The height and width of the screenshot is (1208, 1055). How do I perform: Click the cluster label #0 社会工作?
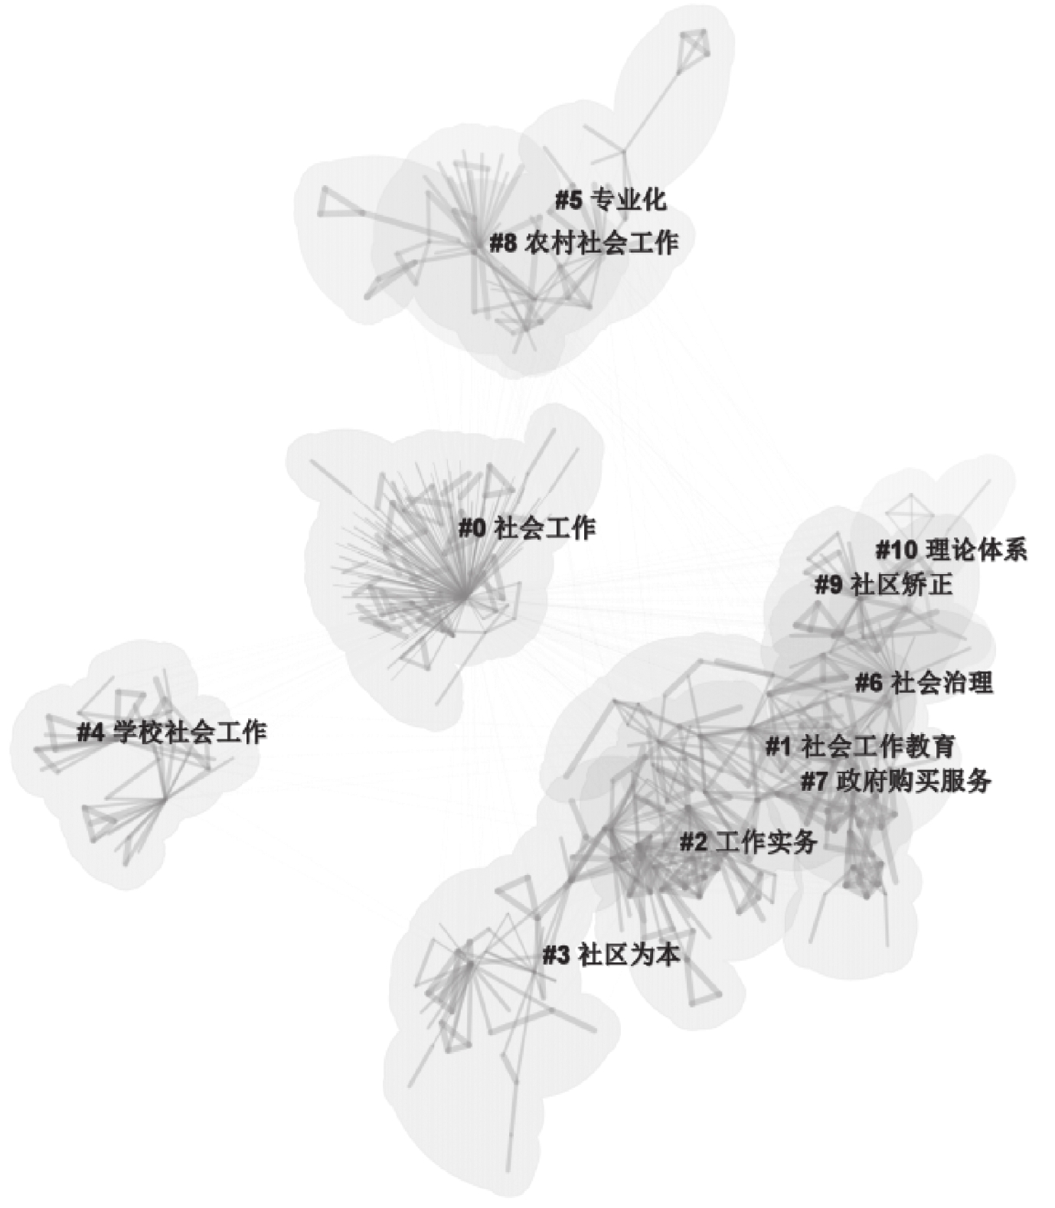[527, 528]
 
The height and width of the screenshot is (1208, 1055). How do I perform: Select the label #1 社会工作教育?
[860, 746]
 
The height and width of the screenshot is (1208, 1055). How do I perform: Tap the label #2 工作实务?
[749, 842]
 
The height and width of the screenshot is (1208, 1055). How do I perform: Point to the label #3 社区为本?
[611, 955]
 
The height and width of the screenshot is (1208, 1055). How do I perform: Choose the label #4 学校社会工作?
[171, 732]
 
